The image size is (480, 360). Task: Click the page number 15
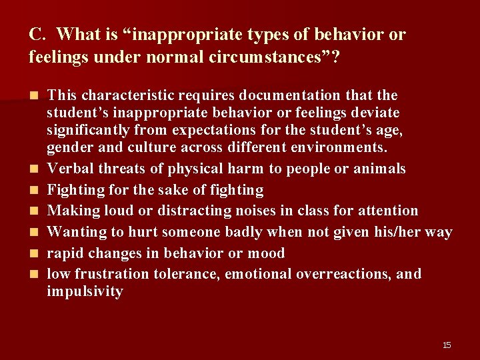click(x=447, y=345)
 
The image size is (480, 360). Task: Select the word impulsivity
click(x=85, y=291)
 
